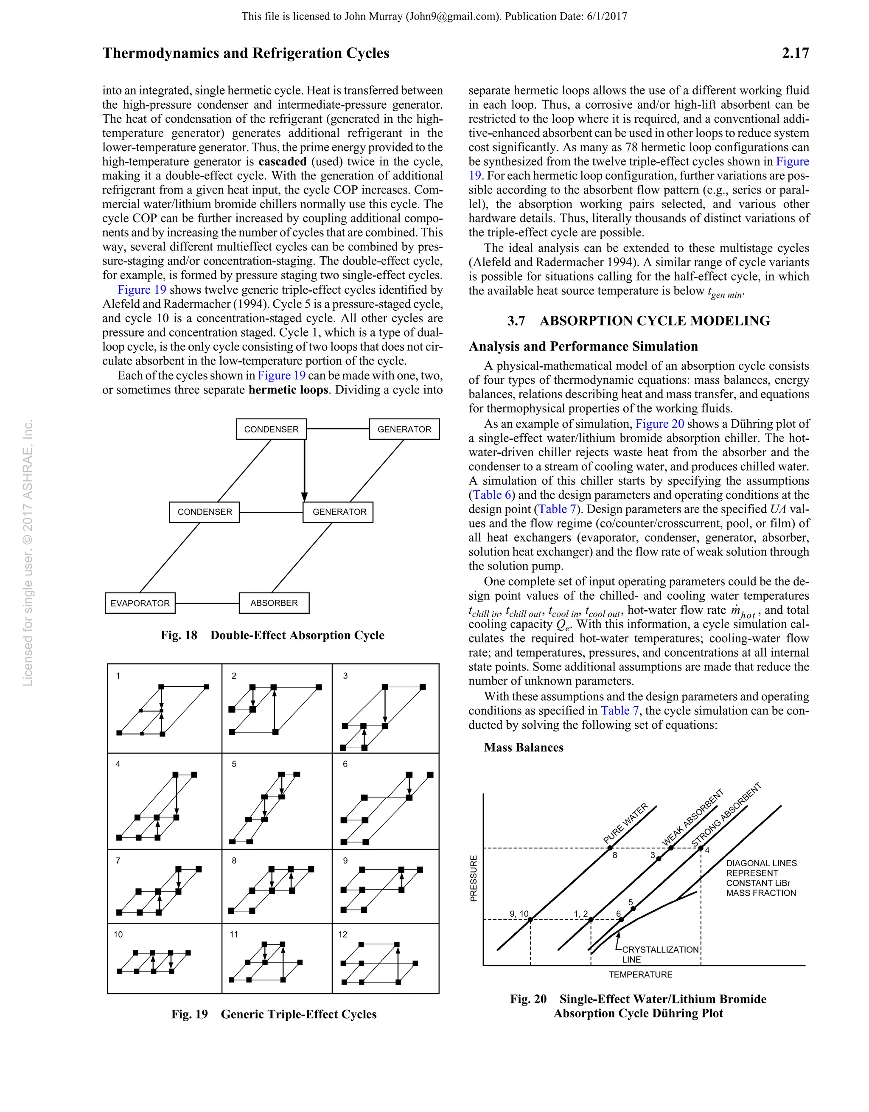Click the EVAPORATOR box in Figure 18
140,604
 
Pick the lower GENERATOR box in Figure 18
338,512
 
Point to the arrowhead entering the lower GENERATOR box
304,497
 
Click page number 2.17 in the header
795,53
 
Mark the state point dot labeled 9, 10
530,920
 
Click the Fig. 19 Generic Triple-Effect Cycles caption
274,1014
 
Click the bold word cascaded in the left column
283,161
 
